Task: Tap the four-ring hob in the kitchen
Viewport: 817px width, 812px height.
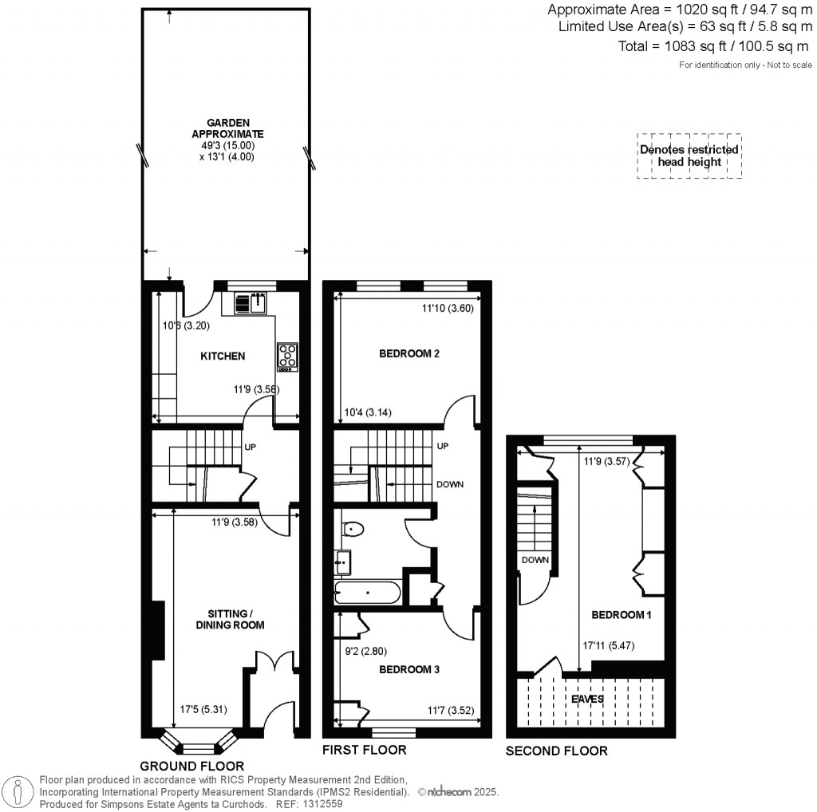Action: pos(287,356)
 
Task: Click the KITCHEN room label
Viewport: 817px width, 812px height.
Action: pos(223,356)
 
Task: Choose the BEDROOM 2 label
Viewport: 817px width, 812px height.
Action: pos(409,353)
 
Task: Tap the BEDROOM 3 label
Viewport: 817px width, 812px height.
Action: pos(408,670)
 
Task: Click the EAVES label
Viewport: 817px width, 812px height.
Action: pos(586,699)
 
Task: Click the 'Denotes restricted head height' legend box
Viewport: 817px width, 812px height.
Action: pos(689,156)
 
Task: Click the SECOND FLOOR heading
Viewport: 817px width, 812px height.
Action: pos(556,751)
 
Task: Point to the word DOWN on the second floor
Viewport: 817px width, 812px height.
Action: pos(535,560)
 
